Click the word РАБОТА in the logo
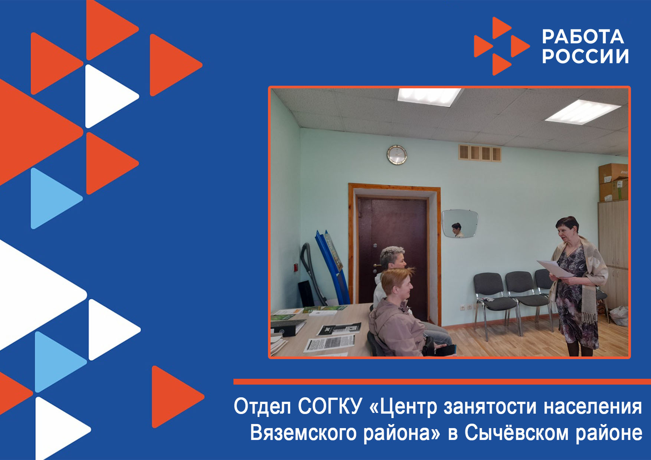point(583,37)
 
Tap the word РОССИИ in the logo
point(585,56)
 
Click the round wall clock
point(397,155)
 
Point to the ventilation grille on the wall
point(480,153)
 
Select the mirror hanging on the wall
point(459,224)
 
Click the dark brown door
point(392,256)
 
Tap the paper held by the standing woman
point(555,269)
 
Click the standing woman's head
point(567,229)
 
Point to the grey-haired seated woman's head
point(392,257)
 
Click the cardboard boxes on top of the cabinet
point(613,182)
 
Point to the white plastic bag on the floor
point(619,316)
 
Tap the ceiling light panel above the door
point(429,96)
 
